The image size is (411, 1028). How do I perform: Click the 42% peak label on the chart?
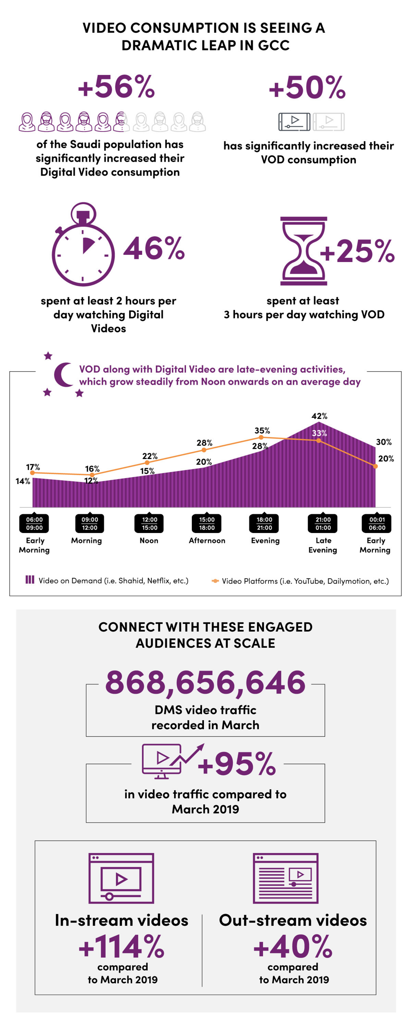point(319,416)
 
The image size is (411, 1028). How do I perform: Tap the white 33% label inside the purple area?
point(319,433)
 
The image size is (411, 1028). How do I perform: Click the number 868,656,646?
point(205,682)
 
